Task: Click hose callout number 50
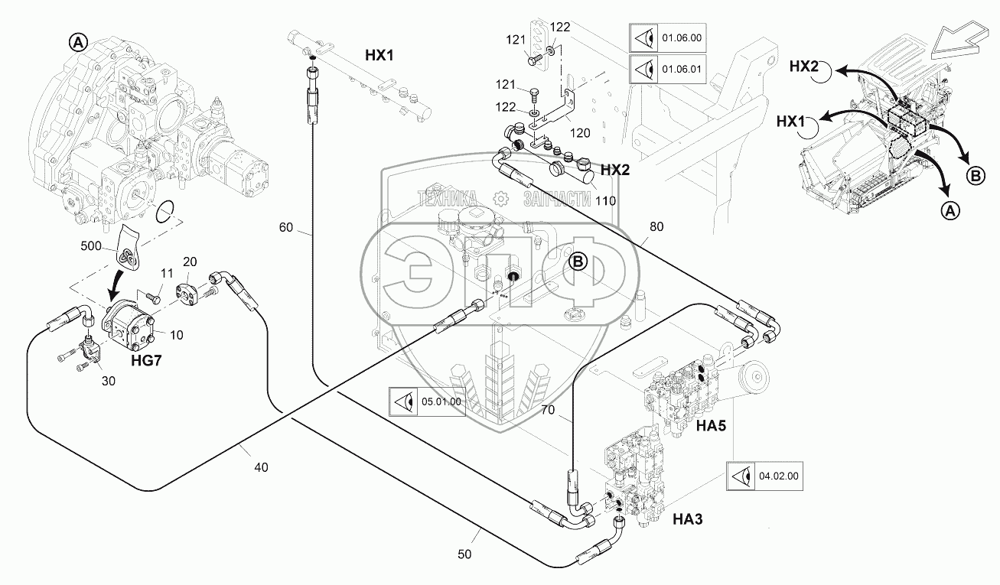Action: click(x=465, y=554)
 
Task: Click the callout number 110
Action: click(x=605, y=200)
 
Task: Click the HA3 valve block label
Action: click(x=687, y=520)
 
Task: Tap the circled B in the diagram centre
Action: click(x=578, y=262)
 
